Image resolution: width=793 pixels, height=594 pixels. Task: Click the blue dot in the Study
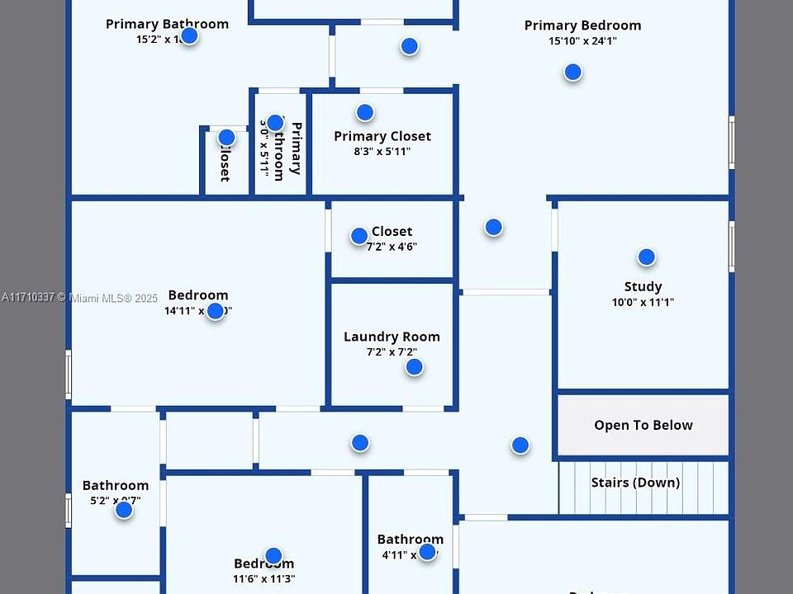coord(646,257)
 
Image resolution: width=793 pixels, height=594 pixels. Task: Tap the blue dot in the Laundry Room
coord(414,367)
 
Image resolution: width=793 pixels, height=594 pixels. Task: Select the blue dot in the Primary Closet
coord(364,112)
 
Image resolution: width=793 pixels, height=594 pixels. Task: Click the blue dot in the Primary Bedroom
coord(572,73)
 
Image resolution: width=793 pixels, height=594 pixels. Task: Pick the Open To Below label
coord(643,426)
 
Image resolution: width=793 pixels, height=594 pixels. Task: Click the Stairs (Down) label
coord(635,483)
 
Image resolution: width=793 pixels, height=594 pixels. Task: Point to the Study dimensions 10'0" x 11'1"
coord(643,303)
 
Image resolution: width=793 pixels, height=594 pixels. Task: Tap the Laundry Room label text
coord(392,337)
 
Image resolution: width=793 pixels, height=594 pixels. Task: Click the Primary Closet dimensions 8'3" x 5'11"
coord(382,152)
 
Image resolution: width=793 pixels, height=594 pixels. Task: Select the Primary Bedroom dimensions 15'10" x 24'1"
coord(582,41)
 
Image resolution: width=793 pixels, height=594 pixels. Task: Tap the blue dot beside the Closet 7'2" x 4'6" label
coord(359,236)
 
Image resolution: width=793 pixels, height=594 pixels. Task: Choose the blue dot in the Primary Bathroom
coord(189,35)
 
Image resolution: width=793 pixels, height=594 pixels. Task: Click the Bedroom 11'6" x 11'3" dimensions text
coord(264,579)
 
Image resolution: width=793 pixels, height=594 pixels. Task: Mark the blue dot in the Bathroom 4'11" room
coord(427,552)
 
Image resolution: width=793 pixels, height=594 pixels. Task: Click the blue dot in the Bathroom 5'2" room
coord(124,510)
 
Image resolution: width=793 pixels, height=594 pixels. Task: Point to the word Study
coord(643,287)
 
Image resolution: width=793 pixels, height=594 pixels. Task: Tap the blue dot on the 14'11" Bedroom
coord(215,311)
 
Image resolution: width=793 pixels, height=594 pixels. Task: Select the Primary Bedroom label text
coord(582,26)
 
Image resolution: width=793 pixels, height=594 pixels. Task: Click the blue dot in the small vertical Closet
coord(226,137)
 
